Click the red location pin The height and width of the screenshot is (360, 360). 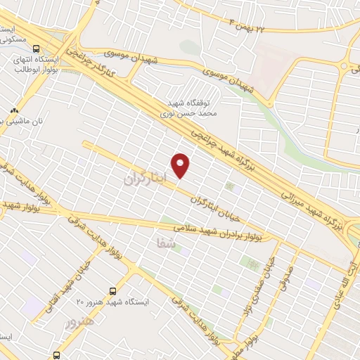(x=181, y=165)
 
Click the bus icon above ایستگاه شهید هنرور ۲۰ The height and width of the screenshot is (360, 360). (x=112, y=290)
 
